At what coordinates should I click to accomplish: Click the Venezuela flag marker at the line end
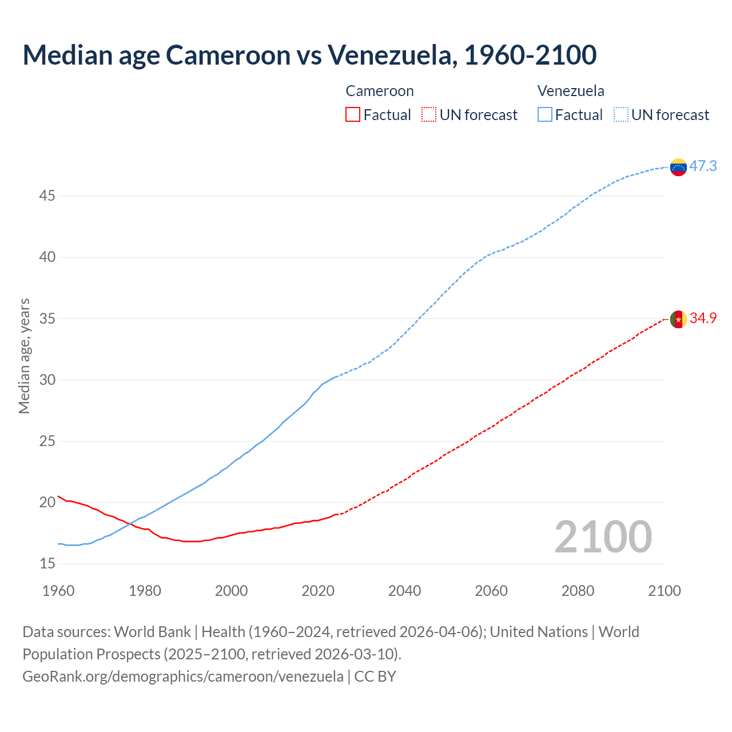(x=678, y=167)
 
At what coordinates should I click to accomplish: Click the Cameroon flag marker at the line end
(x=678, y=319)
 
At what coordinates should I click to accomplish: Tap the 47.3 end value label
(x=703, y=166)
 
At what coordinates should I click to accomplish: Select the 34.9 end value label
(x=703, y=319)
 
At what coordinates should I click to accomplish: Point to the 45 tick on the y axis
(x=47, y=196)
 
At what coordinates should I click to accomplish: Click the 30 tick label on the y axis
(x=47, y=380)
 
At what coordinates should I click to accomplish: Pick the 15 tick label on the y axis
(x=47, y=564)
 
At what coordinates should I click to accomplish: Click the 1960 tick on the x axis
(x=58, y=591)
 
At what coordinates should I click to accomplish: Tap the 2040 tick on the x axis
(x=404, y=591)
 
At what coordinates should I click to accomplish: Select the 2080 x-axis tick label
(x=578, y=591)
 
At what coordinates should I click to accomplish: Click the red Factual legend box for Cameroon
(x=353, y=115)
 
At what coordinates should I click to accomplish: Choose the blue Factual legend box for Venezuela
(x=544, y=115)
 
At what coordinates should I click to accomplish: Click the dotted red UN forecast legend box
(x=429, y=115)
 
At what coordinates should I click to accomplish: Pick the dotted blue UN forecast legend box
(x=620, y=115)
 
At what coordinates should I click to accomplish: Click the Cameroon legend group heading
(x=379, y=91)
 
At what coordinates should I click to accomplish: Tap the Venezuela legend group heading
(x=570, y=91)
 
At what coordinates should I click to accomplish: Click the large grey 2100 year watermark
(x=603, y=537)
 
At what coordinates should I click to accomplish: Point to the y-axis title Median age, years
(x=24, y=356)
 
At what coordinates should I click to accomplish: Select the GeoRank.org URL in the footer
(x=183, y=677)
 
